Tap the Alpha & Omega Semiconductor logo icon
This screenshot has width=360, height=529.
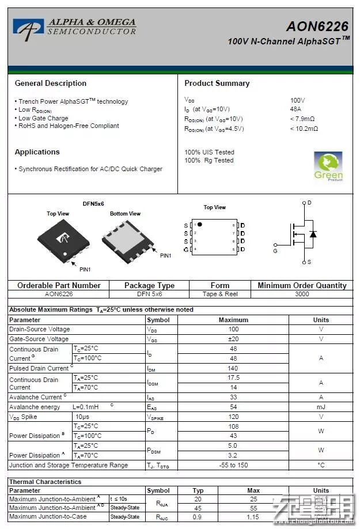[28, 29]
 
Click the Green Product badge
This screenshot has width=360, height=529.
[328, 167]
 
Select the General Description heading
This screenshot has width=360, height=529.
[51, 83]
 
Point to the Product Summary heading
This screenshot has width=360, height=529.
[217, 83]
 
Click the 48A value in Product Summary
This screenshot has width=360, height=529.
[296, 109]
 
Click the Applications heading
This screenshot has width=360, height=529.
[37, 152]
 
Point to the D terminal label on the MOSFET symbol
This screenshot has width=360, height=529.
[309, 203]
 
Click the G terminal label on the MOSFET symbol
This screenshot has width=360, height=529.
[275, 251]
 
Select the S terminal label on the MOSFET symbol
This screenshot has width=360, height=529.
[309, 262]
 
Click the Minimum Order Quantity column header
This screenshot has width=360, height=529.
[302, 285]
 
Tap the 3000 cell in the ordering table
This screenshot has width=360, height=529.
[302, 294]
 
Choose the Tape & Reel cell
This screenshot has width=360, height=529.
[220, 294]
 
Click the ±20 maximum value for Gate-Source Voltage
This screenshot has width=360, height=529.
[233, 339]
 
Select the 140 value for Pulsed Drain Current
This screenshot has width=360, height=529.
[233, 368]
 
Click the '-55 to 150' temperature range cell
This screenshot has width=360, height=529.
[233, 465]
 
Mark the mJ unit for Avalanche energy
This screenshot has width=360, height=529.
[321, 407]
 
